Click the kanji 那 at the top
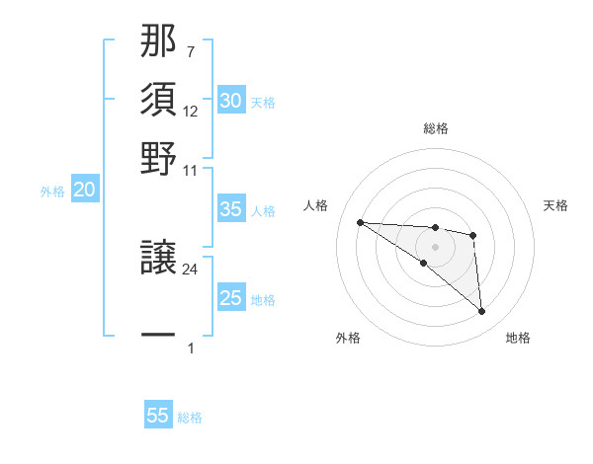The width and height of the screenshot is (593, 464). (x=158, y=44)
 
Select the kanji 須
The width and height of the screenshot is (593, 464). (x=158, y=101)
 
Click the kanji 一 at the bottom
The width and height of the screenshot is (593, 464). (x=158, y=336)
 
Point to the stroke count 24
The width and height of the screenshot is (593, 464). (x=192, y=270)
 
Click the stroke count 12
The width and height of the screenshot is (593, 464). (x=192, y=111)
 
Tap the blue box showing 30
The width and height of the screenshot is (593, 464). (x=230, y=101)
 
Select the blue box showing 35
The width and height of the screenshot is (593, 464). (x=230, y=209)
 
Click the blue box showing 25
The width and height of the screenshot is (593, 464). (x=230, y=298)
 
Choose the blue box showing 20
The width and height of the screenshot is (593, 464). (x=84, y=191)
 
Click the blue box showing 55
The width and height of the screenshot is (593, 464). (x=158, y=416)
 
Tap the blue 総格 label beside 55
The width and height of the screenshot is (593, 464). (x=190, y=418)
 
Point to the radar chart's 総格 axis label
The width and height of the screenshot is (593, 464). (x=435, y=128)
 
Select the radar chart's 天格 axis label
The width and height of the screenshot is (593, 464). (x=556, y=205)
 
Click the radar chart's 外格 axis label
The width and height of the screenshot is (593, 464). (x=348, y=338)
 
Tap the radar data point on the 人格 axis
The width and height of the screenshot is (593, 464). (x=360, y=222)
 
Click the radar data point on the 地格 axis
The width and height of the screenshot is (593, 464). (x=482, y=312)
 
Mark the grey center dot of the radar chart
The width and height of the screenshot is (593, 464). (x=435, y=247)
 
